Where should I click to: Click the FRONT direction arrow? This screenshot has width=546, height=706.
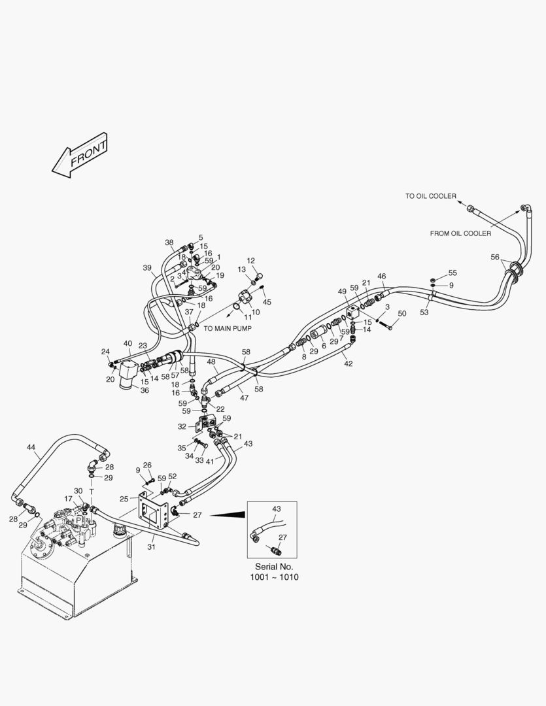[x=80, y=156]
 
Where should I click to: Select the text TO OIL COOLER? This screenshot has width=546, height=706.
[x=430, y=196]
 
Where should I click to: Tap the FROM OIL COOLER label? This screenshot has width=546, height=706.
[x=460, y=233]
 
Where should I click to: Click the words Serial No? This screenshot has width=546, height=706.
[x=274, y=566]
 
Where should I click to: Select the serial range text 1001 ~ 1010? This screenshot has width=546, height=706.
[x=274, y=578]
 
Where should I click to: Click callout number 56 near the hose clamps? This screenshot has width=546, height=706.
[x=495, y=257]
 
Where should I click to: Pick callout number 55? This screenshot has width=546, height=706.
[x=452, y=273]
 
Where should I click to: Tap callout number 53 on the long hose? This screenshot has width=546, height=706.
[x=424, y=312]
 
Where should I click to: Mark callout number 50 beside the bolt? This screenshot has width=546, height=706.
[x=401, y=314]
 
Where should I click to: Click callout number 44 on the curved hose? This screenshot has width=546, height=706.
[x=31, y=447]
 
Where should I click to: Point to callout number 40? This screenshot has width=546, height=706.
[x=128, y=343]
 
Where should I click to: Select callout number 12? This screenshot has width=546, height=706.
[x=250, y=261]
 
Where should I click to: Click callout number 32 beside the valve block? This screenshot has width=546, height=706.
[x=182, y=426]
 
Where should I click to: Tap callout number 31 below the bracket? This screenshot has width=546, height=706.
[x=151, y=546]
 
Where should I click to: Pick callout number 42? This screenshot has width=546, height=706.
[x=349, y=363]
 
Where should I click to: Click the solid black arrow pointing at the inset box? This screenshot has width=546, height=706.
[x=228, y=515]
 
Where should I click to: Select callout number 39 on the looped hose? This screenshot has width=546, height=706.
[x=147, y=267]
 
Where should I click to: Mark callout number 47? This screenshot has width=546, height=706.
[x=244, y=397]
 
